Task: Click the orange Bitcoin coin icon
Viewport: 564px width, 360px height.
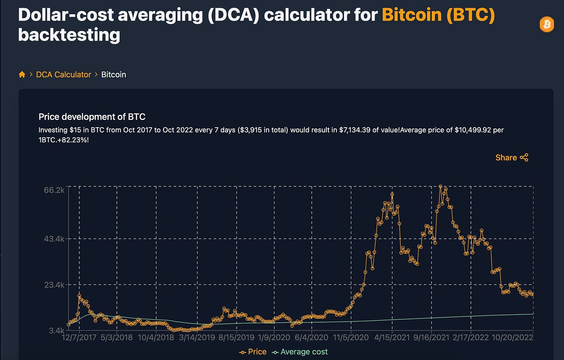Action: (547, 25)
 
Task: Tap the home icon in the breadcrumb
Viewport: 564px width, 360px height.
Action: (22, 74)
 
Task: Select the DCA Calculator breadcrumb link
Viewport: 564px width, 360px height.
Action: (64, 74)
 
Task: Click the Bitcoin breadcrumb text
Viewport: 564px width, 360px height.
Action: (114, 74)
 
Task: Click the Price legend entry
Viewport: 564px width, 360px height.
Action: (253, 352)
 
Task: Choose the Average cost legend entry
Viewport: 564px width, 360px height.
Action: (300, 352)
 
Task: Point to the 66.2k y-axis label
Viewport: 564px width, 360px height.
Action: (54, 190)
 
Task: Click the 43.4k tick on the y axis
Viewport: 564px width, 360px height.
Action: (54, 239)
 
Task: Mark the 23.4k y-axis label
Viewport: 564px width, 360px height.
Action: (54, 285)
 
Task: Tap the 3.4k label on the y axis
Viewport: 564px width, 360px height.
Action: (56, 331)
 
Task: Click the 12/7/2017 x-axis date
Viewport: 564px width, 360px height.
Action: (79, 337)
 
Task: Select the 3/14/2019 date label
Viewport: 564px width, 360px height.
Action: (197, 337)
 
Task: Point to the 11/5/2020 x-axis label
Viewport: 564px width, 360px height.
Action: (351, 337)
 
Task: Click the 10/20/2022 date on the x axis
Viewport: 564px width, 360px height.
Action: (512, 337)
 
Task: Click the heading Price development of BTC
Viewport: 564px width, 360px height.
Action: (92, 117)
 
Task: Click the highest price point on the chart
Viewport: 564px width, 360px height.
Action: (440, 187)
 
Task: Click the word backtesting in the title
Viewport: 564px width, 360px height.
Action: (69, 35)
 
